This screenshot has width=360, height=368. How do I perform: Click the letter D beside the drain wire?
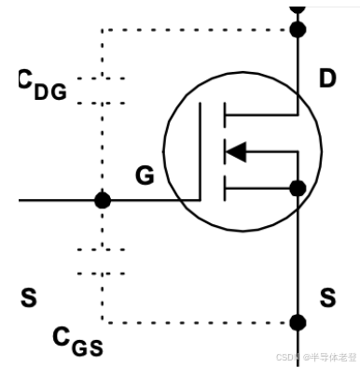tap(326, 79)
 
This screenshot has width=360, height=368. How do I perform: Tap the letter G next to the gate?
tap(145, 175)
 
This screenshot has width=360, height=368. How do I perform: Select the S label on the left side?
tap(29, 299)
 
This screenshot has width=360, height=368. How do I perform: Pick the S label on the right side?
tap(327, 299)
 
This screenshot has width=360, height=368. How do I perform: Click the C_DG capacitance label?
tap(42, 86)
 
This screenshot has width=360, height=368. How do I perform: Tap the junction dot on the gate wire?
tap(103, 200)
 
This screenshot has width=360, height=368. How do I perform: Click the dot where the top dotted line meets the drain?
tap(298, 30)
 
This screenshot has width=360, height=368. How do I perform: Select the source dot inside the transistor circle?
tap(298, 190)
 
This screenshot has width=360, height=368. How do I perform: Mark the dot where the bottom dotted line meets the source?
tap(298, 323)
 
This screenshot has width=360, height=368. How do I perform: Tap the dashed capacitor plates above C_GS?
tap(101, 262)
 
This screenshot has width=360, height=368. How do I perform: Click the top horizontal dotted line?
tap(196, 30)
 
